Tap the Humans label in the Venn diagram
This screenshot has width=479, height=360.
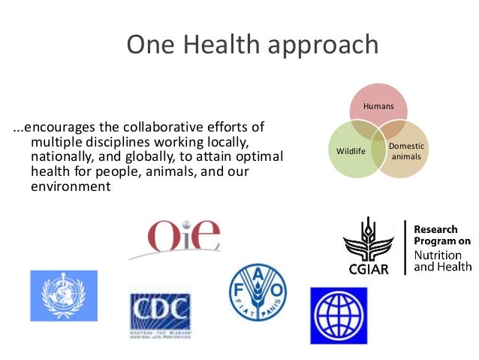[x=378, y=107]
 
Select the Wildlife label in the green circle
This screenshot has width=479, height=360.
[x=351, y=151]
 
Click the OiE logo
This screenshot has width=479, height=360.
[x=183, y=236]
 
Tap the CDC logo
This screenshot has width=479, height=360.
[x=159, y=308]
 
